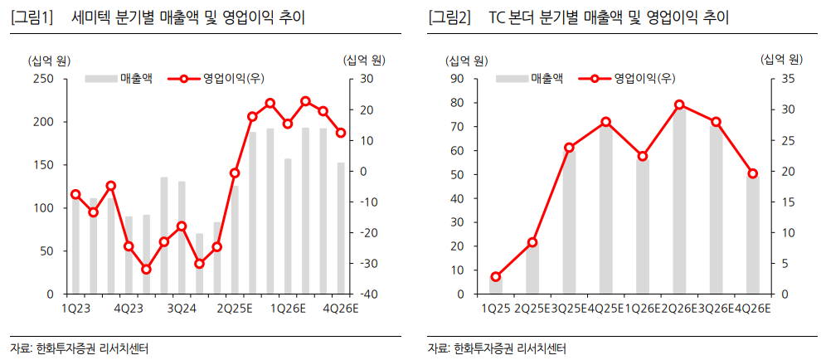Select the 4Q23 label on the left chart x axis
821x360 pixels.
pyautogui.click(x=129, y=309)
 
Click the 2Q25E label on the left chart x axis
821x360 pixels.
pyautogui.click(x=234, y=309)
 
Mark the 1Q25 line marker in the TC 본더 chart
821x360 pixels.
pyautogui.click(x=496, y=277)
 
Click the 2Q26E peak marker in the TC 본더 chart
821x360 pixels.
pyautogui.click(x=679, y=105)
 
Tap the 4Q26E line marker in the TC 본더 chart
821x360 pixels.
pyautogui.click(x=753, y=173)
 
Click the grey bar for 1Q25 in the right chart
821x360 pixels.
pyautogui.click(x=496, y=285)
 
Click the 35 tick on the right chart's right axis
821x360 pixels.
pyautogui.click(x=788, y=79)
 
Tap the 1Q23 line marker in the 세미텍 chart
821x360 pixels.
pyautogui.click(x=75, y=194)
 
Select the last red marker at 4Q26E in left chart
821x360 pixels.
pyautogui.click(x=341, y=133)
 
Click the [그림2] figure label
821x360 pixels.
pyautogui.click(x=449, y=17)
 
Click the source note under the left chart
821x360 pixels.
pyautogui.click(x=80, y=348)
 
